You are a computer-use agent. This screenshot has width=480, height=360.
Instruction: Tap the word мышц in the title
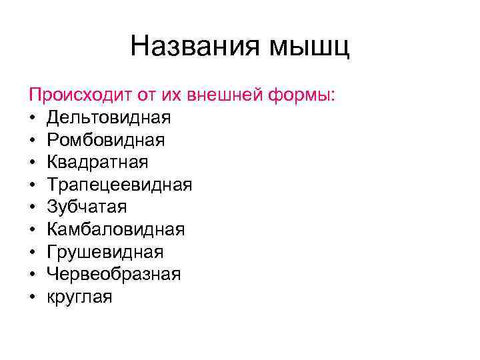click(309, 47)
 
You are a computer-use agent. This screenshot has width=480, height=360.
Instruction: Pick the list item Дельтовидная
click(109, 118)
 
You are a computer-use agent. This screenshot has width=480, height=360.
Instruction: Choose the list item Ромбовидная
click(106, 140)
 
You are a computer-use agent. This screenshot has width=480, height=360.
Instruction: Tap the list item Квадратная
click(97, 163)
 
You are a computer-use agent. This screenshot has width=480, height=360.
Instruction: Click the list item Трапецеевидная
click(119, 185)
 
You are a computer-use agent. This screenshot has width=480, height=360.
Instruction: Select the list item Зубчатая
click(87, 207)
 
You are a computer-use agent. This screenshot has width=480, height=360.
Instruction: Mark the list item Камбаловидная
click(116, 230)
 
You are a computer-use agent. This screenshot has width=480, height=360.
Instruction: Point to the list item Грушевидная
click(105, 253)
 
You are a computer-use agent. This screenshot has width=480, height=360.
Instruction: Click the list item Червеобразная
click(114, 275)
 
